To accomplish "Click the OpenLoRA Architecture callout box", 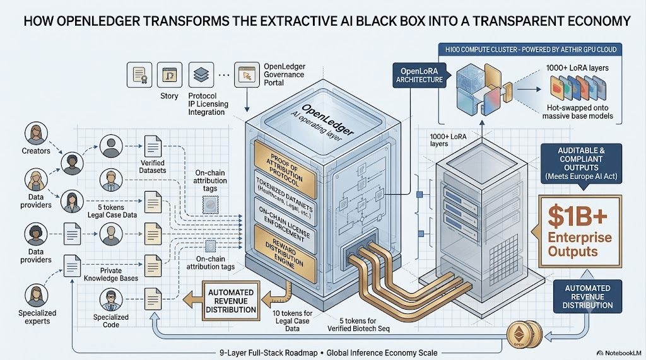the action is click(420, 75).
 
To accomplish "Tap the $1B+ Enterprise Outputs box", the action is click(580, 231).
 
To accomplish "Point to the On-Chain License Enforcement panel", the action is click(285, 225).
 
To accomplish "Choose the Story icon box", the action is click(169, 74).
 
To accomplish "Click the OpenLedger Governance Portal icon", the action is click(247, 74).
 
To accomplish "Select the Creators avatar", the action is click(36, 134).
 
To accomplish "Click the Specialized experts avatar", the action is click(36, 296).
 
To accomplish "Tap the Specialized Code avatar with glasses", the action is click(111, 299).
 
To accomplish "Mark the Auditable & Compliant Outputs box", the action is click(581, 163).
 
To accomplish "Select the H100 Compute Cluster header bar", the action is click(531, 49).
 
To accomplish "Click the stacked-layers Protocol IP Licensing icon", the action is click(201, 74).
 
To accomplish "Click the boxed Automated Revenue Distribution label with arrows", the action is click(231, 301).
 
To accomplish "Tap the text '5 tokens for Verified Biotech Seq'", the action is click(358, 325).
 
